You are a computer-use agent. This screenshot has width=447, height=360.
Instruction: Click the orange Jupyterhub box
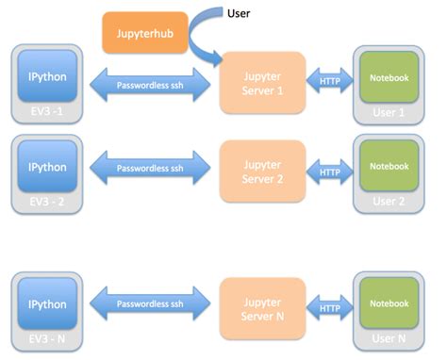coord(144,32)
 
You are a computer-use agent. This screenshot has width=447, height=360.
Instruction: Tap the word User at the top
coord(240,12)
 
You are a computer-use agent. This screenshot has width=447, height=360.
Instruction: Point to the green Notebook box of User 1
coord(389,78)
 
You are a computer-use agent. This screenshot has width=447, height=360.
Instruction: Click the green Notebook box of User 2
coord(389,167)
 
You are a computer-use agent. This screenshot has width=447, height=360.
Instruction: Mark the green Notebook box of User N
coord(389,304)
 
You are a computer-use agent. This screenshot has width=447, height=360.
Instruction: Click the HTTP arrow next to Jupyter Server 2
coord(329,172)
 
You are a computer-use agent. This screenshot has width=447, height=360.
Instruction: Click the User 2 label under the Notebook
coord(389,201)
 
